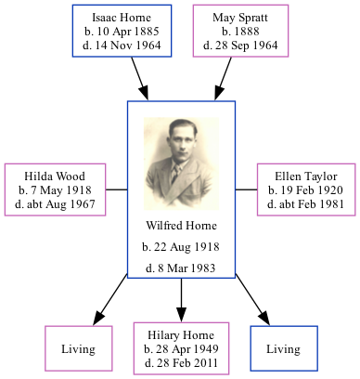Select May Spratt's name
click(239, 18)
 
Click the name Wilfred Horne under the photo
click(181, 226)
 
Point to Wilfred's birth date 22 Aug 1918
click(181, 247)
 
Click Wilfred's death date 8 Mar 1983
click(181, 268)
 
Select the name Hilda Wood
click(56, 176)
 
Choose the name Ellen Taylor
click(305, 176)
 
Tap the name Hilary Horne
click(181, 335)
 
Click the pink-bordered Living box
click(79, 349)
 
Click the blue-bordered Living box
click(283, 349)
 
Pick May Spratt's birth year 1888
click(239, 32)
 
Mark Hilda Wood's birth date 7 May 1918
click(56, 189)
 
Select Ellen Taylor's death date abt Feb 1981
click(305, 203)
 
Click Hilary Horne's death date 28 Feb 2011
click(181, 363)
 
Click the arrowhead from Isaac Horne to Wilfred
click(145, 93)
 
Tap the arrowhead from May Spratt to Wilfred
click(219, 93)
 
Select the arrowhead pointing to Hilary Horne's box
click(181, 315)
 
